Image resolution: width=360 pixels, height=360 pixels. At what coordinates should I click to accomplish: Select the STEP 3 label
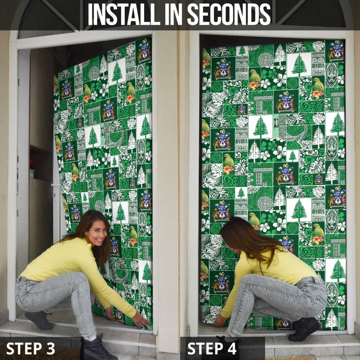pos(31,348)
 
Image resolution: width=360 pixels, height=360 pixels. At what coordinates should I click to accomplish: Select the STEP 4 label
pos(212,348)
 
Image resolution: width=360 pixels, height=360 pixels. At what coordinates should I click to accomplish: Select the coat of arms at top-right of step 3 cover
pos(144,51)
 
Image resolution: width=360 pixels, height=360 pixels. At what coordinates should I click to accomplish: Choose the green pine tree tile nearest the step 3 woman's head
pos(120,213)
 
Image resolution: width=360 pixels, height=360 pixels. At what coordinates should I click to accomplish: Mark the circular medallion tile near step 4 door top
pos(265,60)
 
